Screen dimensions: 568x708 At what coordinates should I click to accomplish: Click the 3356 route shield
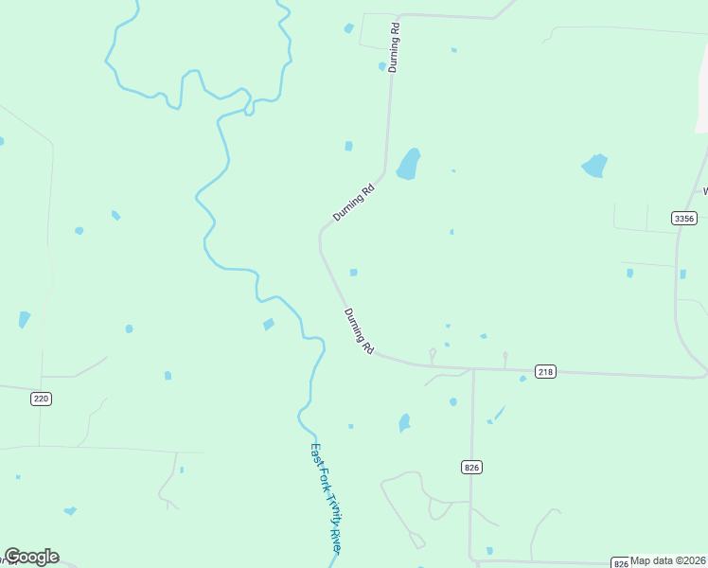pyautogui.click(x=684, y=218)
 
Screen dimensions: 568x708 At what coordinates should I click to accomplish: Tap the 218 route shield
pyautogui.click(x=544, y=372)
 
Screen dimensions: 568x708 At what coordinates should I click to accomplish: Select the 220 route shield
pyautogui.click(x=41, y=399)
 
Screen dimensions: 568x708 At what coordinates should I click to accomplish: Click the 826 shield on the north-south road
pyautogui.click(x=472, y=468)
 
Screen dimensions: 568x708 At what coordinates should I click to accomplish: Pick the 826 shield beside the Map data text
pyautogui.click(x=619, y=561)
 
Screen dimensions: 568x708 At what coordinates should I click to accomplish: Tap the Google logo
pyautogui.click(x=31, y=557)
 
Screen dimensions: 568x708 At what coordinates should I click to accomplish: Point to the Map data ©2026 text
pyautogui.click(x=668, y=560)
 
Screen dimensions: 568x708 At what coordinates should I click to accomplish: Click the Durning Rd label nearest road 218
pyautogui.click(x=359, y=331)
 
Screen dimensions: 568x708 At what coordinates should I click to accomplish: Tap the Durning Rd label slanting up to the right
pyautogui.click(x=354, y=203)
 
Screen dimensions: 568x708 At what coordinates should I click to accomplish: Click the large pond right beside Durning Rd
pyautogui.click(x=408, y=164)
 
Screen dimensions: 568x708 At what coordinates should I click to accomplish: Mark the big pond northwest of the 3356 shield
pyautogui.click(x=594, y=166)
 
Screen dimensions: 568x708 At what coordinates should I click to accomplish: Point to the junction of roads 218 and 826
pyautogui.click(x=472, y=369)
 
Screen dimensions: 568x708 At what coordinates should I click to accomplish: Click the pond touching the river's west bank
pyautogui.click(x=269, y=325)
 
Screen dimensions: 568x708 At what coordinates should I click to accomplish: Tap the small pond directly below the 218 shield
pyautogui.click(x=522, y=379)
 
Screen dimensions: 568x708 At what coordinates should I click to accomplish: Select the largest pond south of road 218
pyautogui.click(x=405, y=422)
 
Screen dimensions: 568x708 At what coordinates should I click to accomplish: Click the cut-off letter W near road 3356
pyautogui.click(x=704, y=191)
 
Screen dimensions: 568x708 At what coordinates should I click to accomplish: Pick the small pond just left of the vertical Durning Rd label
pyautogui.click(x=382, y=66)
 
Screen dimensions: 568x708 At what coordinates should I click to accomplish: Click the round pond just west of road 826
pyautogui.click(x=452, y=401)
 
